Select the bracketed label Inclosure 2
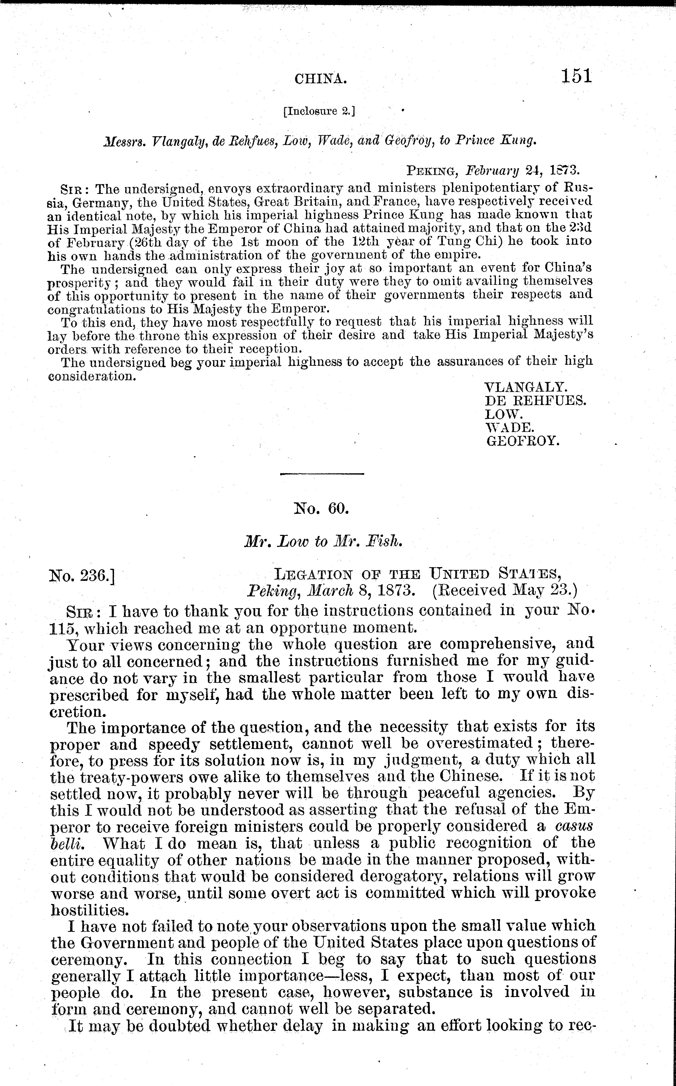coord(319,111)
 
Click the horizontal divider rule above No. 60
coord(322,474)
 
